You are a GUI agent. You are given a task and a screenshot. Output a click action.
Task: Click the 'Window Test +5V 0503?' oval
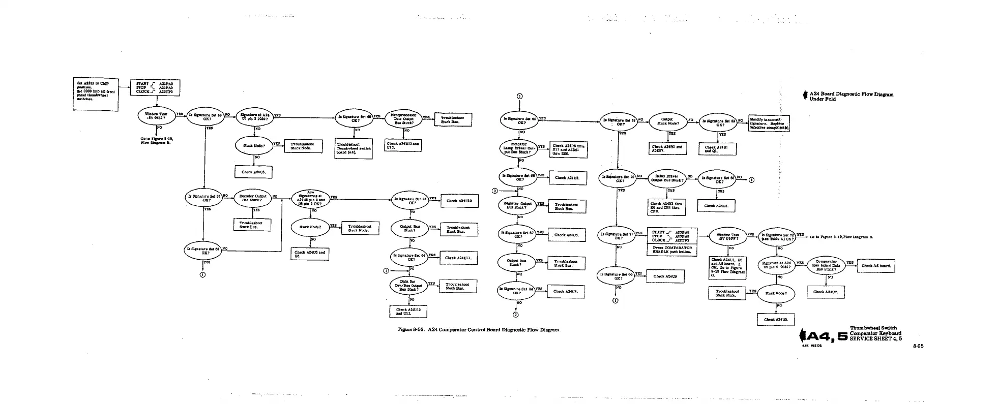coord(156,116)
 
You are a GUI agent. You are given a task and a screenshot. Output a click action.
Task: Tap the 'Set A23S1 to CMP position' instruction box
coord(96,95)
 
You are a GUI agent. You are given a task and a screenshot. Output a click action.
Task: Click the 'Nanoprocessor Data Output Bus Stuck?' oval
coord(404,118)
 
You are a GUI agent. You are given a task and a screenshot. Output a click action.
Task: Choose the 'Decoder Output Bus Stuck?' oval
coord(252,198)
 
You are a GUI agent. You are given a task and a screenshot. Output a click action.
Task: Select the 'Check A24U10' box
coord(459,201)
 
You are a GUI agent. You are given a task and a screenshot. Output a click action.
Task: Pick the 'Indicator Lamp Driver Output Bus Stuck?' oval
coord(518,148)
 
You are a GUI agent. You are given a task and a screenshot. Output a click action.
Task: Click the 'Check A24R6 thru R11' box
coord(569,149)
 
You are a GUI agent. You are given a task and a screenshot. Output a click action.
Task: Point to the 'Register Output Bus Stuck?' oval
coord(518,205)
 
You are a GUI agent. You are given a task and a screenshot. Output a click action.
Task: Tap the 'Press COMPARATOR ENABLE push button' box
coord(672,250)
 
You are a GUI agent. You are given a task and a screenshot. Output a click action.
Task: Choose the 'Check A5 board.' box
coord(875,266)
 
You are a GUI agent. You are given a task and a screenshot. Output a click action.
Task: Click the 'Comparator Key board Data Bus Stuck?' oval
coord(826,265)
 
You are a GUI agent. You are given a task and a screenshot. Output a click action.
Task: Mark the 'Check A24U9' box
coord(665,276)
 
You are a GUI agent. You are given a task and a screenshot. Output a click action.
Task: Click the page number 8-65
coord(918,346)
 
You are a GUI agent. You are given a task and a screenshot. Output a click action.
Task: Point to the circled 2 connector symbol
coord(386,270)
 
